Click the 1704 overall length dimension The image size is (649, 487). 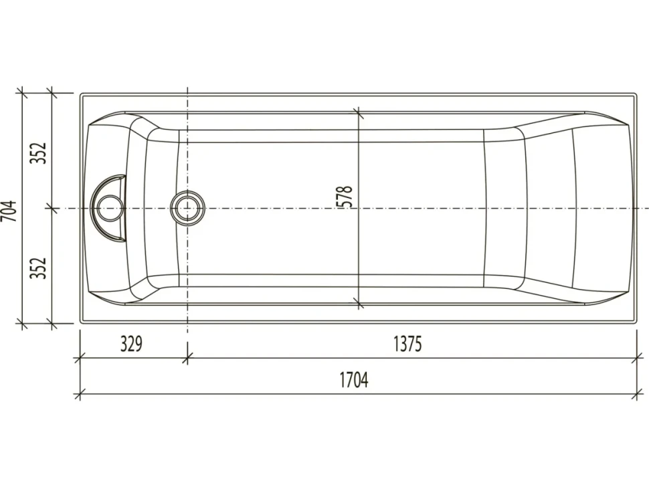click(354, 380)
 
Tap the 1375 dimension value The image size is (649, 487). click(407, 344)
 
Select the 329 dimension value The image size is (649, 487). click(131, 344)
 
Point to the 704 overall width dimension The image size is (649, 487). click(9, 211)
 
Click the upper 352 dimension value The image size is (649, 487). click(39, 153)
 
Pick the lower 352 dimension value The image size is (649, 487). click(39, 268)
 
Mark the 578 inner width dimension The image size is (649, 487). click(346, 197)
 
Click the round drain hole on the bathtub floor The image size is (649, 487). click(187, 207)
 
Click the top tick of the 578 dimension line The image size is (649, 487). click(358, 112)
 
